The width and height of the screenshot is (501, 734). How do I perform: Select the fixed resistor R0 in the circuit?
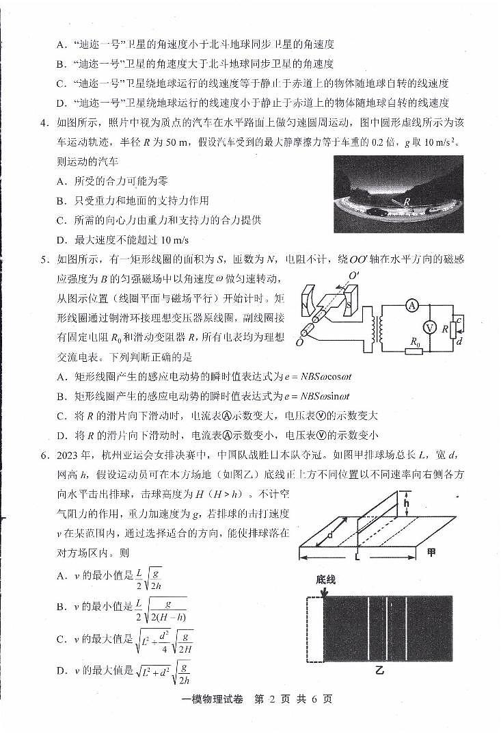click(413, 351)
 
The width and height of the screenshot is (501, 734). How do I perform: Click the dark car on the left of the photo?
click(373, 212)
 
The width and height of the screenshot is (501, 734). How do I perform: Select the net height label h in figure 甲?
click(405, 505)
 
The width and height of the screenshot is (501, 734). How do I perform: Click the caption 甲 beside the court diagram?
click(431, 552)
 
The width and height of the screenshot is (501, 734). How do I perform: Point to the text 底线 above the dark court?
click(326, 579)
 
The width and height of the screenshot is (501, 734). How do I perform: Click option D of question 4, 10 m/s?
click(121, 240)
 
